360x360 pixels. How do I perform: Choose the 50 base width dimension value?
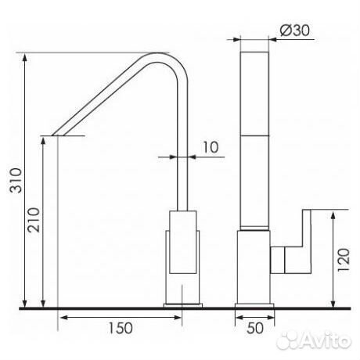coord(254,329)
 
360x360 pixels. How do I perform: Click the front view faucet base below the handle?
coord(254,270)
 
